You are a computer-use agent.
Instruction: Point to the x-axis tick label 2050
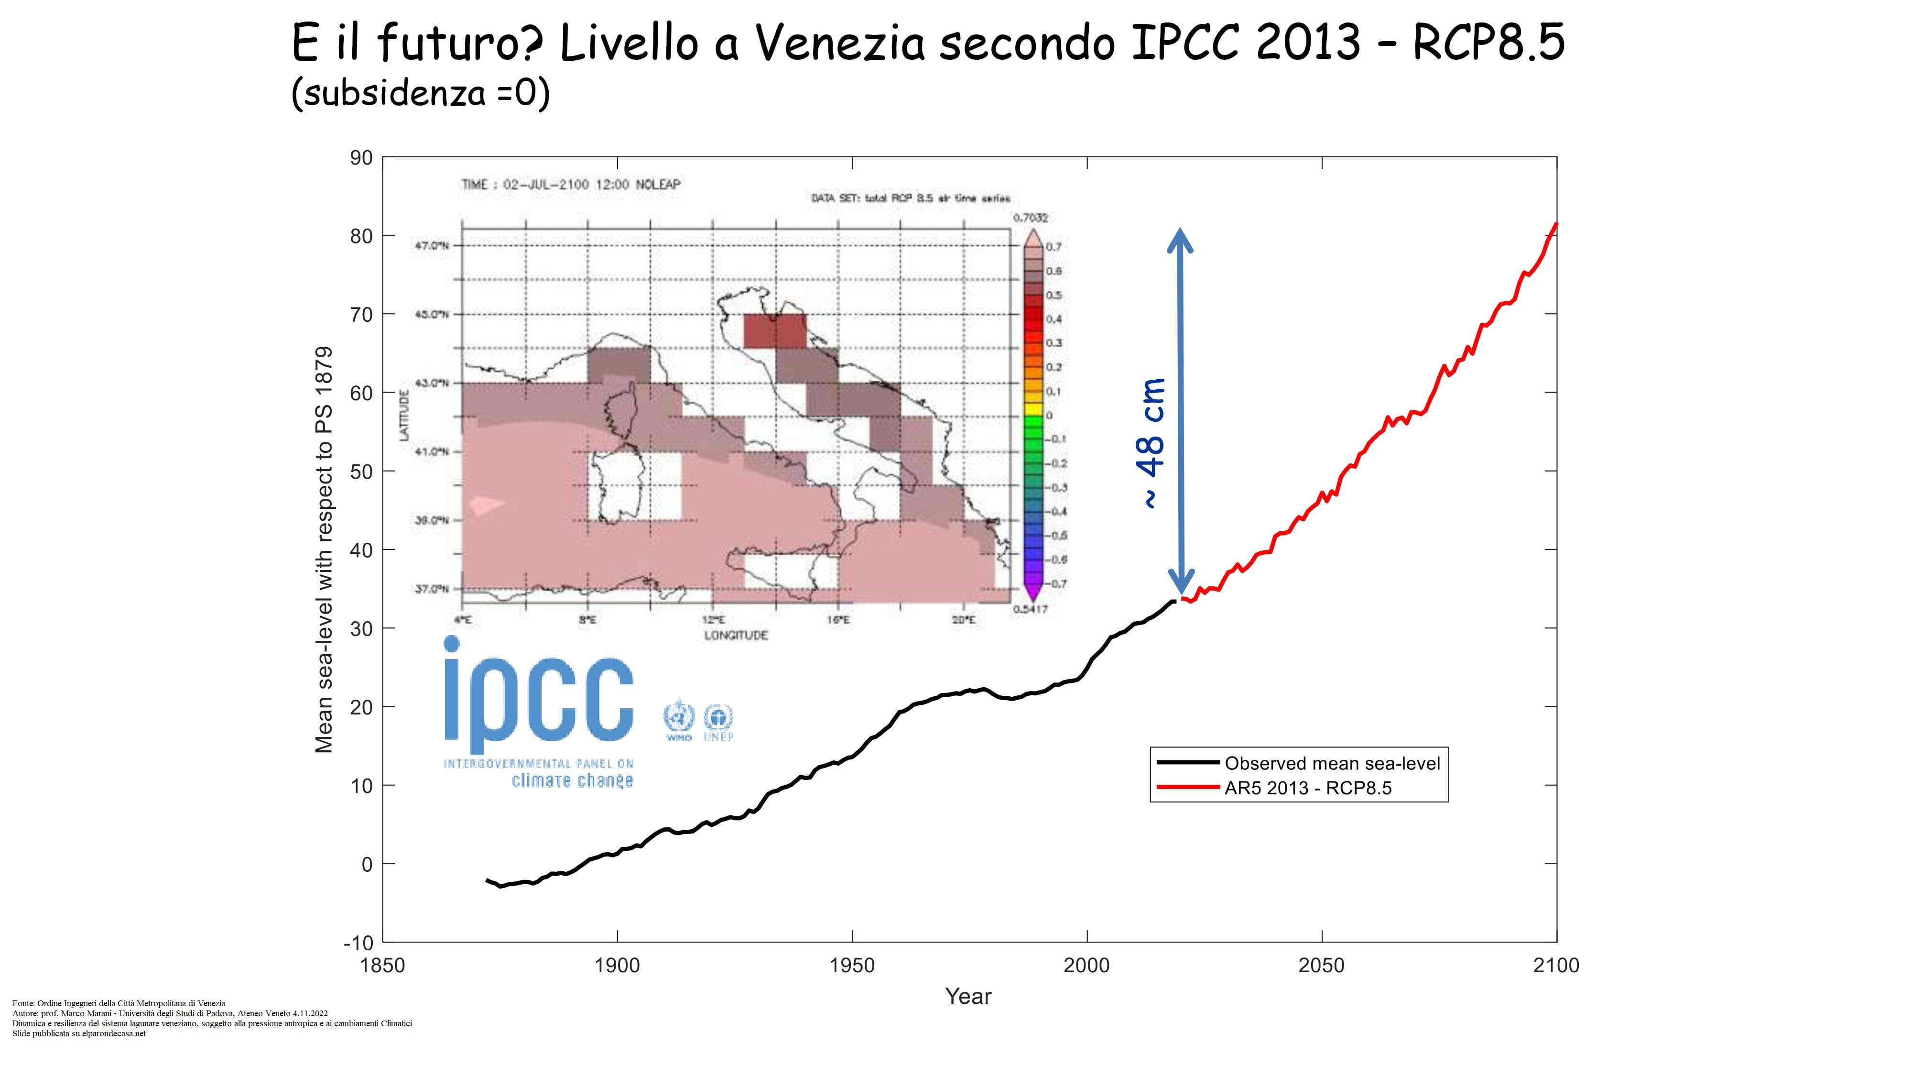1321,966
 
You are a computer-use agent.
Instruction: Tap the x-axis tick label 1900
617,966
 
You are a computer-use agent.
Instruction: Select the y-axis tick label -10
358,943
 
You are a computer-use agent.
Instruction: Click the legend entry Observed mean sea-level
1332,763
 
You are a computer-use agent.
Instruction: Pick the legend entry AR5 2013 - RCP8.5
1308,788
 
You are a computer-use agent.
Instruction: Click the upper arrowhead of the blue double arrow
1180,239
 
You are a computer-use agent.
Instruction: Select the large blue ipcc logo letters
539,694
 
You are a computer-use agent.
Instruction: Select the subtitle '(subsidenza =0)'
420,94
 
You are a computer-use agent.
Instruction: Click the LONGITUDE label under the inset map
736,635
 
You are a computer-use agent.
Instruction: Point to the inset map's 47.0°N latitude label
432,246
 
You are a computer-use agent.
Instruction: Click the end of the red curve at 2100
1556,223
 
